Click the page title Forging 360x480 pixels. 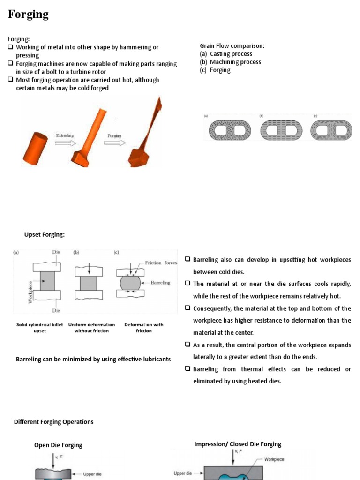tap(28, 15)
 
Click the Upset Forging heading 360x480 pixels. tap(44, 235)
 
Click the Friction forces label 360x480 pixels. tap(161, 263)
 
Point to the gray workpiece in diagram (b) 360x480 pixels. tap(88, 283)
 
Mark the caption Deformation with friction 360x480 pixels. tap(144, 328)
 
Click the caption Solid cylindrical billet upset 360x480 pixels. tap(40, 328)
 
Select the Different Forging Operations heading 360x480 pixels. tap(54, 422)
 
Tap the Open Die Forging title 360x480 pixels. tap(58, 445)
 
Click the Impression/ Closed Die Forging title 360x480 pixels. tap(238, 444)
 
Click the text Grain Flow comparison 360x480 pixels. tap(232, 46)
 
